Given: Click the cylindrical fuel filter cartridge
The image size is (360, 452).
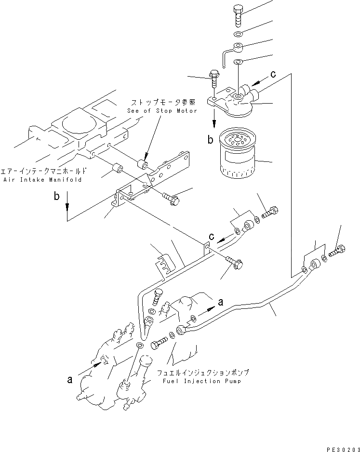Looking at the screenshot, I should pyautogui.click(x=237, y=155).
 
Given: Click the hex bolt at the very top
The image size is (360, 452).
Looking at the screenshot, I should pyautogui.click(x=239, y=17).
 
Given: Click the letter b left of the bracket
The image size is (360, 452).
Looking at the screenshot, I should pyautogui.click(x=57, y=198).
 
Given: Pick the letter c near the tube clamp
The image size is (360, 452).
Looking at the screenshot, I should pyautogui.click(x=211, y=237).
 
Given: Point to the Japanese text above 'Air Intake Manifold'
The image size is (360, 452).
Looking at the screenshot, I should pyautogui.click(x=44, y=172).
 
